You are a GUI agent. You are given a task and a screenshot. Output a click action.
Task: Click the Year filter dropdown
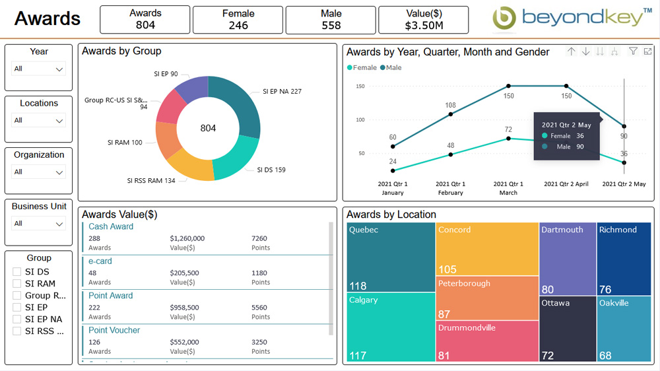pyautogui.click(x=39, y=69)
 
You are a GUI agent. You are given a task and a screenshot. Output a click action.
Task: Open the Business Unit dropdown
pyautogui.click(x=39, y=223)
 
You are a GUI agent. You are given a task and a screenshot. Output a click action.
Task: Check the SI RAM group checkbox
pyautogui.click(x=17, y=284)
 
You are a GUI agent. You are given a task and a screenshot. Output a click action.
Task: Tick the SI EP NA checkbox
pyautogui.click(x=17, y=320)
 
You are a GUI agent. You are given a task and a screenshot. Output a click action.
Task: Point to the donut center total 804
pyautogui.click(x=208, y=128)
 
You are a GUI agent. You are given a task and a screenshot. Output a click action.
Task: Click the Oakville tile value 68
pyautogui.click(x=605, y=356)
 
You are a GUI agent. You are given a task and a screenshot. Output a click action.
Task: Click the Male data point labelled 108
pyautogui.click(x=451, y=114)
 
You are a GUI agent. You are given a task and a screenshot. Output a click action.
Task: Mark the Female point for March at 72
pyautogui.click(x=508, y=139)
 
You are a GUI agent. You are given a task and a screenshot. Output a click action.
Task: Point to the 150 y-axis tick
pyautogui.click(x=360, y=86)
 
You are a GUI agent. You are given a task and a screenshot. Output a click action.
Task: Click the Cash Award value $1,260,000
pyautogui.click(x=187, y=238)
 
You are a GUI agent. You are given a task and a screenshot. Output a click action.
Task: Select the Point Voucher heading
pyautogui.click(x=114, y=330)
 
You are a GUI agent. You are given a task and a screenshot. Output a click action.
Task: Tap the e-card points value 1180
pyautogui.click(x=260, y=273)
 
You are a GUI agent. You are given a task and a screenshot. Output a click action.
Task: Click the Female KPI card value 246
pyautogui.click(x=238, y=25)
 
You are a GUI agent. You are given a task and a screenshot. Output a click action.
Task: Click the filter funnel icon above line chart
pyautogui.click(x=633, y=51)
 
